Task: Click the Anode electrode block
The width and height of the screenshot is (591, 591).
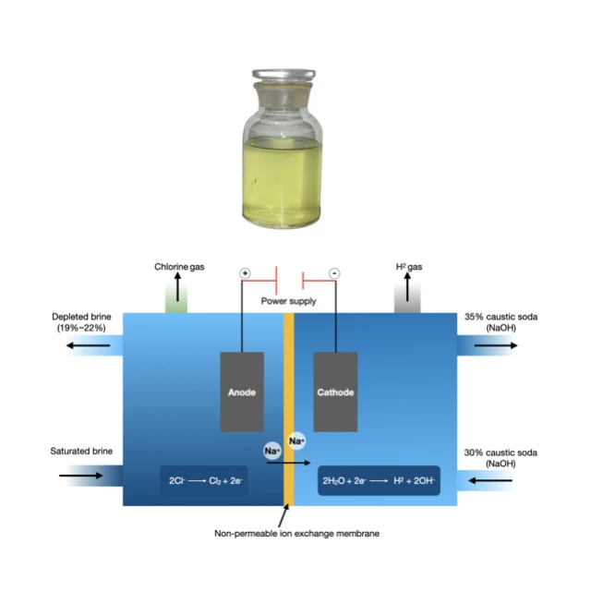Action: click(x=242, y=392)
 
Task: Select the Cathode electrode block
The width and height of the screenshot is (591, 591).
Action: click(x=335, y=392)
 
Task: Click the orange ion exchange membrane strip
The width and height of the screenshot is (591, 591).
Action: click(x=289, y=406)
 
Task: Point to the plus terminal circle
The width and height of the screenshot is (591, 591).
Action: click(x=245, y=273)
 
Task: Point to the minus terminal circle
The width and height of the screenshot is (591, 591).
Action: click(x=334, y=273)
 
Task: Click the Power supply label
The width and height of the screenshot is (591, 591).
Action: click(x=289, y=301)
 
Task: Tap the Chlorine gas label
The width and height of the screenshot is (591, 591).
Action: click(x=179, y=267)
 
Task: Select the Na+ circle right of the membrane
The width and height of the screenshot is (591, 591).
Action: click(x=296, y=441)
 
